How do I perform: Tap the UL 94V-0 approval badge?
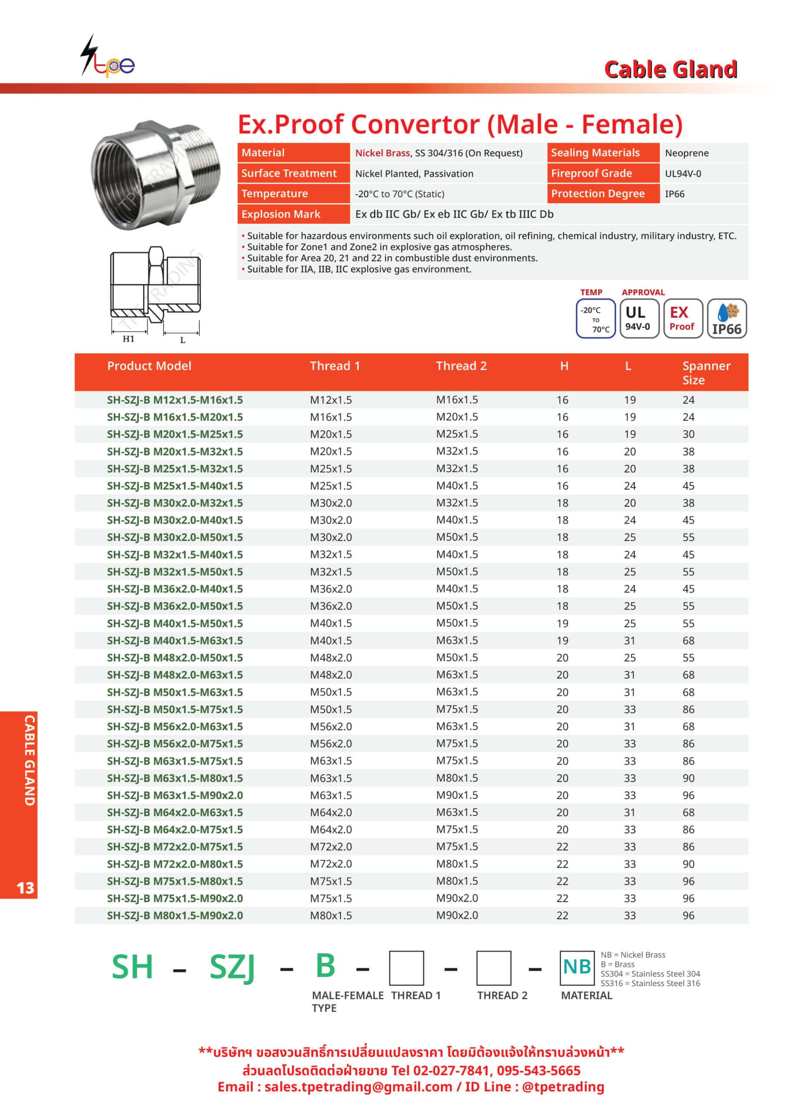(x=639, y=318)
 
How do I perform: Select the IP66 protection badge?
(x=727, y=318)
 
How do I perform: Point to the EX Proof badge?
(x=682, y=318)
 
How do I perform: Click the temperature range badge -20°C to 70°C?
(x=595, y=318)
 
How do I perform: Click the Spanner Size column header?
(x=706, y=372)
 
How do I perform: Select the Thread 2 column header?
(x=461, y=366)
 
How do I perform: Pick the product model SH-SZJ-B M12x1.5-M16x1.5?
(x=175, y=400)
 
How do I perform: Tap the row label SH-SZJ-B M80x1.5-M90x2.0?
(x=175, y=915)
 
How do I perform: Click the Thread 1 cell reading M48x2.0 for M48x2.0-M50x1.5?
(x=331, y=658)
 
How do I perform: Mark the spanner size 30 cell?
(x=688, y=434)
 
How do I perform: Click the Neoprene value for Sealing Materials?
(x=686, y=153)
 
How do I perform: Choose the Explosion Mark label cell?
(x=281, y=214)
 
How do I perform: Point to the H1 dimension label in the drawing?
(x=129, y=338)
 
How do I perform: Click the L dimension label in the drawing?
(x=182, y=340)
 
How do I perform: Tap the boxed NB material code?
(x=577, y=967)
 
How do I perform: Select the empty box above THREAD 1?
(x=406, y=968)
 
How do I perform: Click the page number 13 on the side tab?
(x=25, y=888)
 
